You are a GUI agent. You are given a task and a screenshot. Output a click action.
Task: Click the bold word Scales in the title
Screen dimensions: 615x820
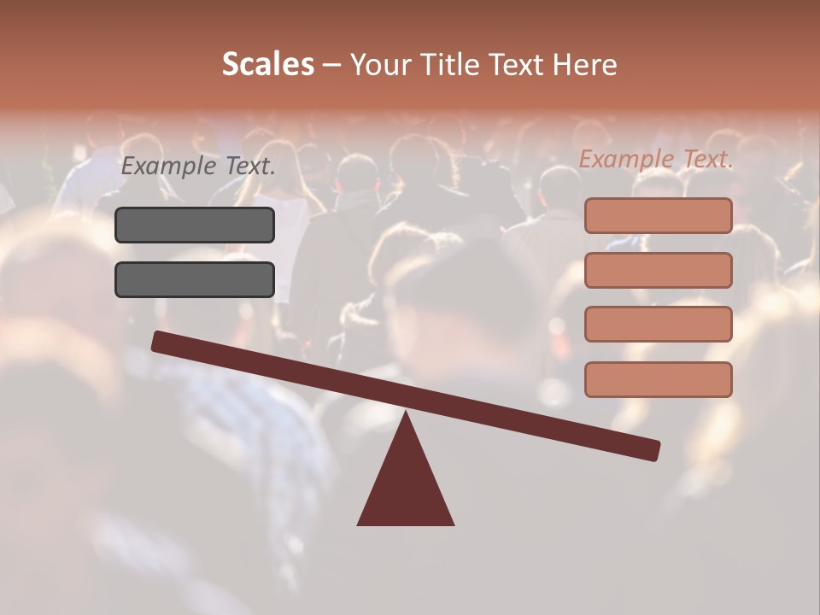tap(267, 64)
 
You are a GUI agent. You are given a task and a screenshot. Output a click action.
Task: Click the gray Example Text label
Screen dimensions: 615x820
tap(198, 167)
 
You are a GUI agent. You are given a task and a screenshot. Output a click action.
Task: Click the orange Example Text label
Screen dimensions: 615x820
tap(656, 159)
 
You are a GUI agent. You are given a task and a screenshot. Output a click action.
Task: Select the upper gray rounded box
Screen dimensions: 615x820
tap(195, 225)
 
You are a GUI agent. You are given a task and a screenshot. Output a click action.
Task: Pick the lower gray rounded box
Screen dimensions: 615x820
tap(195, 279)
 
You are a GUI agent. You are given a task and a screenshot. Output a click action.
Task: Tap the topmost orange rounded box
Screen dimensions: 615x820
tap(658, 215)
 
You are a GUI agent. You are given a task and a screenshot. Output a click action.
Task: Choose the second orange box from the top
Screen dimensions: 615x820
tap(658, 270)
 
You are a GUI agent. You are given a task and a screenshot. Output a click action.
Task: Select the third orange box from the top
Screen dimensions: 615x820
tap(658, 325)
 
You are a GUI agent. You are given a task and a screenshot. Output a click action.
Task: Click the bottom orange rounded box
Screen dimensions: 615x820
tap(658, 379)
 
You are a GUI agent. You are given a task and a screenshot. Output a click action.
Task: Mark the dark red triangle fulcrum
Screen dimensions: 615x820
tap(406, 483)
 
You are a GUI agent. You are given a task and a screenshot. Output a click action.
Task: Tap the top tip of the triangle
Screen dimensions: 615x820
tap(406, 413)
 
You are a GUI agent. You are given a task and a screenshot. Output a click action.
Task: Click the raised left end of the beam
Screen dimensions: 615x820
tap(159, 342)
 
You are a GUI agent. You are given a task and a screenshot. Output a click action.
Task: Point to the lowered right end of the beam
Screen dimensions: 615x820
tap(653, 450)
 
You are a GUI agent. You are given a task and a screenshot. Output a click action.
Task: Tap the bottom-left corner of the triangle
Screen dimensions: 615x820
tap(359, 524)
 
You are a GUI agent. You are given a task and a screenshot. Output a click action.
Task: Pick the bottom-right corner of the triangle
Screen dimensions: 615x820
tap(453, 524)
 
